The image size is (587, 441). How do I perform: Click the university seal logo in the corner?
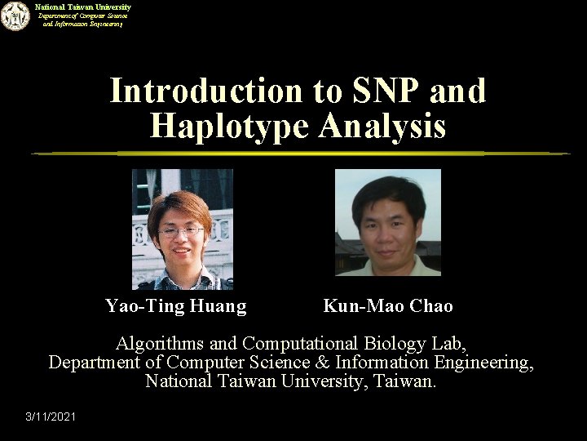point(14,16)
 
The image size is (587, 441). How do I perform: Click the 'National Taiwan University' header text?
point(82,7)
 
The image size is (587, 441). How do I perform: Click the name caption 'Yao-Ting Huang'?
point(175,306)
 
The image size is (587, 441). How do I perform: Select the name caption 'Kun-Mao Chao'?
point(388,306)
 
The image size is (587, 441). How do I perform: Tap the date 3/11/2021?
point(51,417)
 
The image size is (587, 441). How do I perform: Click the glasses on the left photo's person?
point(180,232)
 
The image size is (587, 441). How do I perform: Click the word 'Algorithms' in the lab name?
point(158,342)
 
